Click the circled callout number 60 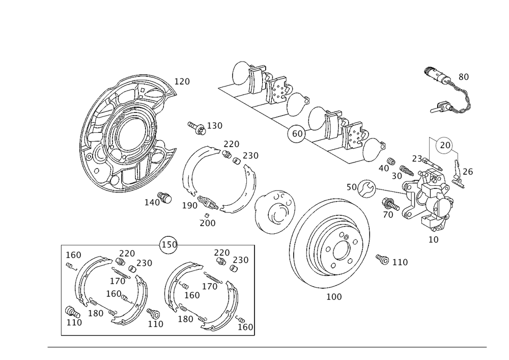pos(297,133)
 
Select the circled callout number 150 pos(169,244)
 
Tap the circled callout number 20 pos(445,145)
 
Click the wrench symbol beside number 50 pos(366,188)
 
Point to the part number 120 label pos(182,81)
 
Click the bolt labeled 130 pos(196,128)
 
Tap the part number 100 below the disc pos(334,297)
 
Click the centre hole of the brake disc pos(341,251)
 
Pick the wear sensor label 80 pos(464,77)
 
